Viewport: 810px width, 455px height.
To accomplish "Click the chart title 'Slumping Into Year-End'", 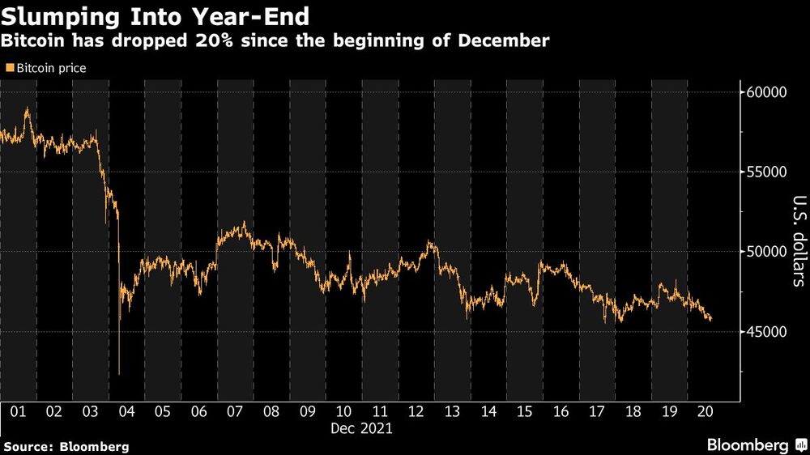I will [155, 15].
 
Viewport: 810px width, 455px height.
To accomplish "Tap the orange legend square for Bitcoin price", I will [9, 69].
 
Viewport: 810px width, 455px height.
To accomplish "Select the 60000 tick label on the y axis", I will [765, 92].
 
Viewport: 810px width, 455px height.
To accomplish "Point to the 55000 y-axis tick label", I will [765, 172].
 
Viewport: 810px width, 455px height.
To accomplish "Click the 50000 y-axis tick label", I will [765, 252].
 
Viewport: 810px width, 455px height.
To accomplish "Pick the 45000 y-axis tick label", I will [765, 332].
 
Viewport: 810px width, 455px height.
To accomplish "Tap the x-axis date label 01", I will [18, 411].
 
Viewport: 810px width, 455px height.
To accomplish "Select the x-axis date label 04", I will [126, 411].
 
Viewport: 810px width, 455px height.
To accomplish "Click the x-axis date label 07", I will [235, 411].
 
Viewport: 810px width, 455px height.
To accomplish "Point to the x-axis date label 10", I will [343, 411].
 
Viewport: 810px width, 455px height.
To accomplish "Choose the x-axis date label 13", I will [452, 411].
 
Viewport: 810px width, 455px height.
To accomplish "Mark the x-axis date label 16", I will [561, 411].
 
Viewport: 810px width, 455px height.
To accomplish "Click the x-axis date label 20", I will [705, 411].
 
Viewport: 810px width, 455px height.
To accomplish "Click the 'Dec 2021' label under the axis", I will [361, 429].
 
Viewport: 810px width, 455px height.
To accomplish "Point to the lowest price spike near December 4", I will [119, 374].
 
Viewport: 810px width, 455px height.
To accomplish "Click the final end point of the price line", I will [711, 320].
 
